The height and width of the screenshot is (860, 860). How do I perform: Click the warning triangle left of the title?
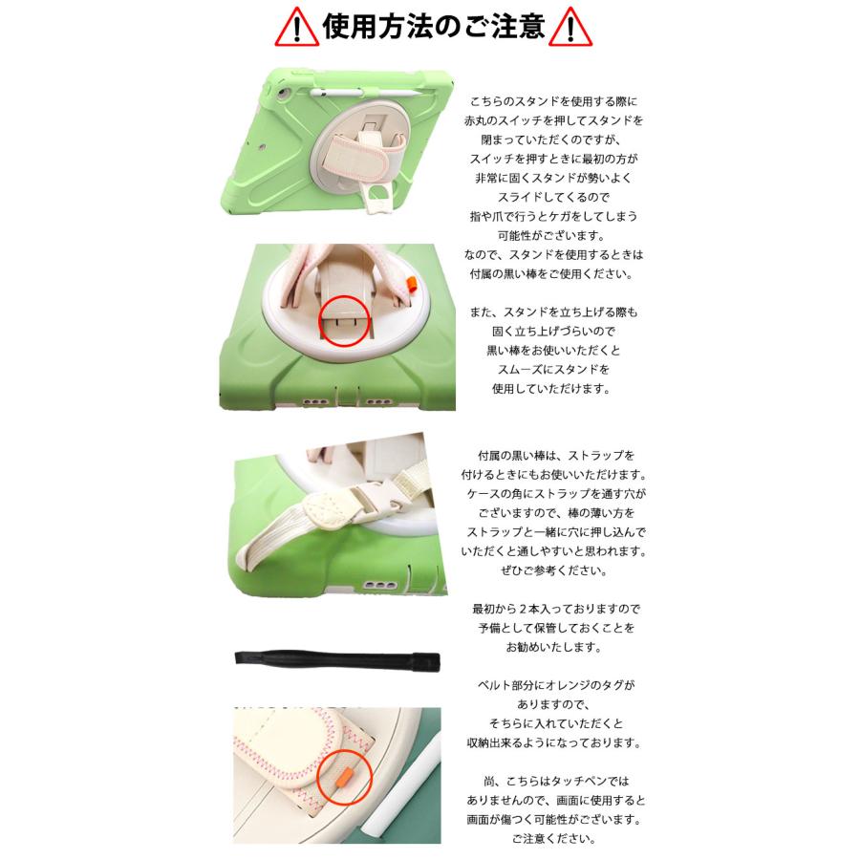(297, 28)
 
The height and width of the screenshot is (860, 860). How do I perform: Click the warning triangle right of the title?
(570, 28)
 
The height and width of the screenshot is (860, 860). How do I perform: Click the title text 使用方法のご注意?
(433, 27)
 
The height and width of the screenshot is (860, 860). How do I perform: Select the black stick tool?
(337, 658)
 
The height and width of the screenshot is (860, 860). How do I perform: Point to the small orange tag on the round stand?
(410, 283)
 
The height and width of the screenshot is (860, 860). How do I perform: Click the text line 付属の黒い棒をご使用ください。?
(551, 273)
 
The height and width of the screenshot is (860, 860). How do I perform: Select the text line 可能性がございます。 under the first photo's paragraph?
(551, 235)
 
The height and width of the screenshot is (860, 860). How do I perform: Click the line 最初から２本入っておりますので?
(556, 609)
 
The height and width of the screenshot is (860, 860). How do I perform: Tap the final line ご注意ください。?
(554, 839)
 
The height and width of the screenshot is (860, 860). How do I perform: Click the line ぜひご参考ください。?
(554, 570)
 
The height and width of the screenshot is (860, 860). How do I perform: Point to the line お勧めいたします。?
(554, 647)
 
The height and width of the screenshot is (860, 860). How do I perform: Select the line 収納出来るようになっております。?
(554, 742)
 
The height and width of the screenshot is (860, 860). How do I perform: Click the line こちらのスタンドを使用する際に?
(554, 101)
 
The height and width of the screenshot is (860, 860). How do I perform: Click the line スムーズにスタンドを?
(553, 369)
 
